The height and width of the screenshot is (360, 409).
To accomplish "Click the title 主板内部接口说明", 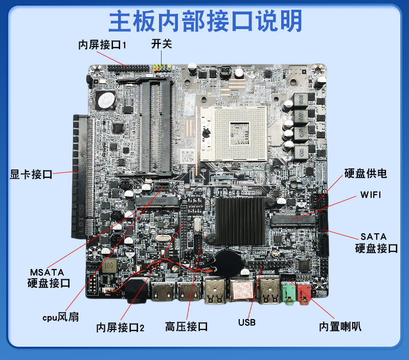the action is tap(206, 21).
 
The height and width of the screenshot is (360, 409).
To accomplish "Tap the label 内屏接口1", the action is tap(102, 45).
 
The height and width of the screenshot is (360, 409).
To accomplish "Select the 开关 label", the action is tap(162, 44).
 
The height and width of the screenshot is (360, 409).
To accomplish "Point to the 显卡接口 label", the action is tap(31, 174).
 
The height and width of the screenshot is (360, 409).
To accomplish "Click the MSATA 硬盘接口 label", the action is tap(49, 278).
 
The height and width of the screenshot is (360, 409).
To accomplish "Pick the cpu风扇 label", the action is tap(60, 317).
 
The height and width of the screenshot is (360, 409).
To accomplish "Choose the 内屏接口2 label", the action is tap(120, 327).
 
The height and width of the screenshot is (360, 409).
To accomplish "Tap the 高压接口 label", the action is tap(186, 327).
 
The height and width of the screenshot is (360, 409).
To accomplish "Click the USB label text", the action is tap(247, 323).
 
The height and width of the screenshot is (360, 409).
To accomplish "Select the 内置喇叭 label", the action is tap(340, 327).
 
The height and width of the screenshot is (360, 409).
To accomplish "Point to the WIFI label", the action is tap(370, 195).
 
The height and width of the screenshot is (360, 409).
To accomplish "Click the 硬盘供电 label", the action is tap(366, 174).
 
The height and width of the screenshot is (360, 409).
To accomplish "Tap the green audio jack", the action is tap(288, 293).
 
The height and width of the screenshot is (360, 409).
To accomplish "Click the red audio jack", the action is tap(304, 294).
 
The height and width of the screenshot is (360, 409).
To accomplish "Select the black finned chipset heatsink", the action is tap(240, 221).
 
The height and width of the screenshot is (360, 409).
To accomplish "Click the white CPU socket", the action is tap(234, 134).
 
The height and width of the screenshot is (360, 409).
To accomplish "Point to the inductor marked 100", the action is tap(109, 266).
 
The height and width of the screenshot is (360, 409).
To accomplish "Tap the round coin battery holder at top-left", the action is tap(105, 100).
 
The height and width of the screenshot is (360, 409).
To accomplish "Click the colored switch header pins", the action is tap(162, 68).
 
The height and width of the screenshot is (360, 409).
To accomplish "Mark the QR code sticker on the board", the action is tap(188, 157).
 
